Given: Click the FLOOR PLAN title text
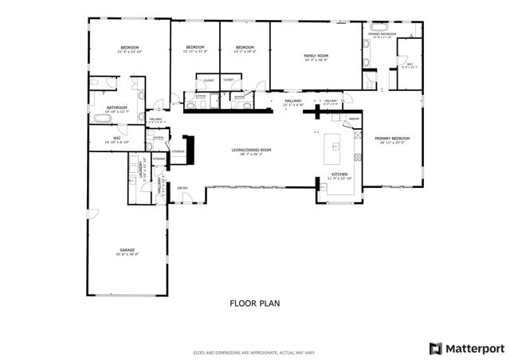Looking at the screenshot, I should (x=255, y=303).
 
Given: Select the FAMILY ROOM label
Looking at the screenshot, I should (x=316, y=55).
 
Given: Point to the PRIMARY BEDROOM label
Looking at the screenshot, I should (x=392, y=139).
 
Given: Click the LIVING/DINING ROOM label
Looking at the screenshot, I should (x=252, y=150).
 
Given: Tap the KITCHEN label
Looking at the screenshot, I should (x=339, y=174).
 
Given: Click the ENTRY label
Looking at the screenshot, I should (x=182, y=188).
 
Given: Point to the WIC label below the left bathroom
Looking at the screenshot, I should (x=116, y=138).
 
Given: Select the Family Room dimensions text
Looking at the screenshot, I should (x=316, y=60).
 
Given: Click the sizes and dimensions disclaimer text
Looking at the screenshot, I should (x=255, y=352).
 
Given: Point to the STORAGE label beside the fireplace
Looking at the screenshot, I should (x=178, y=151).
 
